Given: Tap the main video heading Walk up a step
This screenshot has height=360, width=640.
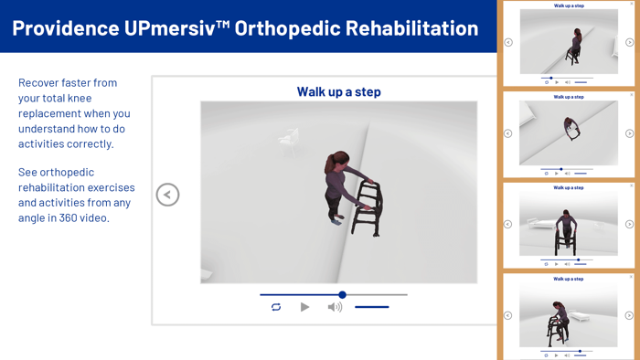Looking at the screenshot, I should point(338,91).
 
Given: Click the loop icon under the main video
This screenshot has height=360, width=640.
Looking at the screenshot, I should point(276,307).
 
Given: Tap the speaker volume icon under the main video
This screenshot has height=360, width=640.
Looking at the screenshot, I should point(335,307).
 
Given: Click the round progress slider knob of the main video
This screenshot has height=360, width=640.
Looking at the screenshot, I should point(342,294).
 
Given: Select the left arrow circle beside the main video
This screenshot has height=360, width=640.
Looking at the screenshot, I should point(167,195).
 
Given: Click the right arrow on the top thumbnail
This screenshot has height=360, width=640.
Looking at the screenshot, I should point(630,42).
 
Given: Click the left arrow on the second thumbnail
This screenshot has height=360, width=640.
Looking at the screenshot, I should point(508,133).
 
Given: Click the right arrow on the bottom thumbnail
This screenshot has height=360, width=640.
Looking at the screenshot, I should point(630,315).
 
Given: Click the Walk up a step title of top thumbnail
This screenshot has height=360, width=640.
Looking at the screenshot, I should point(569,5).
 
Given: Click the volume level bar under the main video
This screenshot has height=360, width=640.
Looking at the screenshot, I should point(372,307).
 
